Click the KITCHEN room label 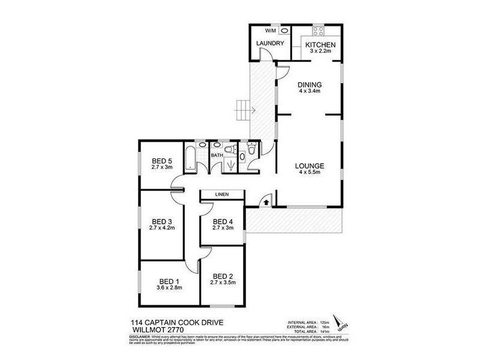pyautogui.click(x=320, y=46)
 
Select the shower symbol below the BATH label pyautogui.click(x=230, y=167)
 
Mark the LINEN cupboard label pyautogui.click(x=222, y=194)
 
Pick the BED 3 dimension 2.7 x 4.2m pyautogui.click(x=162, y=229)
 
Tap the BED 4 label pyautogui.click(x=223, y=220)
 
